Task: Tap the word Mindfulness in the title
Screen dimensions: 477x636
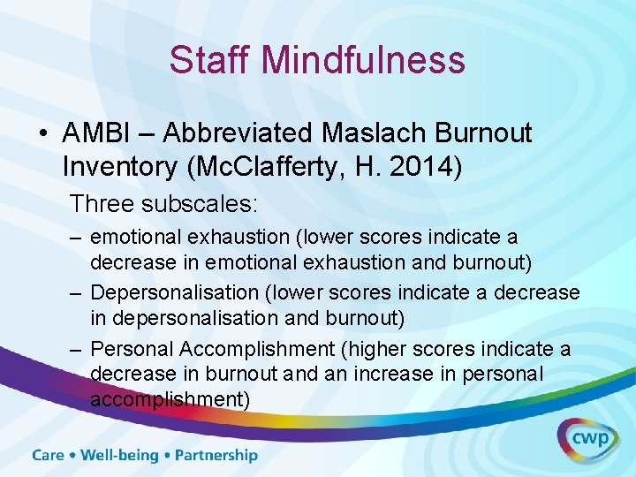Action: point(363,60)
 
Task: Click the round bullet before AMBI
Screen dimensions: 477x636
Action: point(43,134)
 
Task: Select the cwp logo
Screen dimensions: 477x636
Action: point(587,439)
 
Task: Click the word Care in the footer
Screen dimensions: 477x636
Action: point(49,456)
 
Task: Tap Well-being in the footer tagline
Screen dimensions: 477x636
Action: point(120,456)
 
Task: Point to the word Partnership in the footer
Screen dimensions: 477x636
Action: point(216,456)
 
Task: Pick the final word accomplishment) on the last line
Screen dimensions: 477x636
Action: point(170,398)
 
